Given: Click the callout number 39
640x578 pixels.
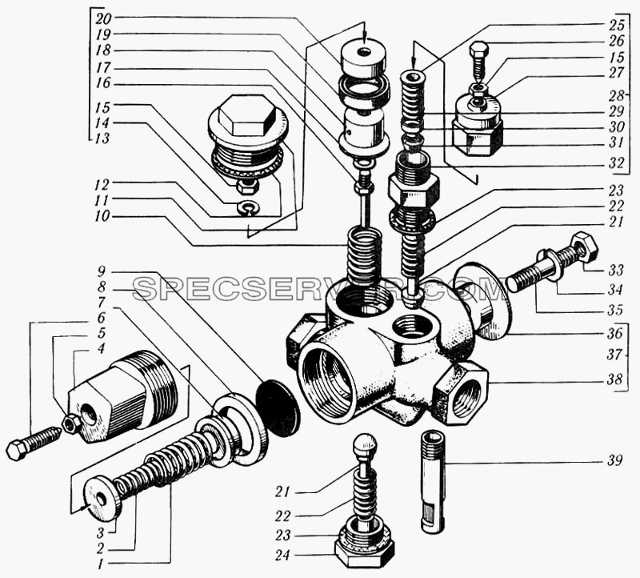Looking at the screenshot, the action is (614, 460).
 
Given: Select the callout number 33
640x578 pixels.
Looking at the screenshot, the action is (615, 270).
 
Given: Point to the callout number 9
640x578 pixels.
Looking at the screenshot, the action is (102, 271).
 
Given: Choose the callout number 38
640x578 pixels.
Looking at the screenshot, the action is (614, 380).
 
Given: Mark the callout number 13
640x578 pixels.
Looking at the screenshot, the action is (102, 138).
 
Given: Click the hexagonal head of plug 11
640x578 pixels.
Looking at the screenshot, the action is (245, 115).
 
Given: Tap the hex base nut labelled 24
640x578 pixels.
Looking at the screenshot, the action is (365, 552).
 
